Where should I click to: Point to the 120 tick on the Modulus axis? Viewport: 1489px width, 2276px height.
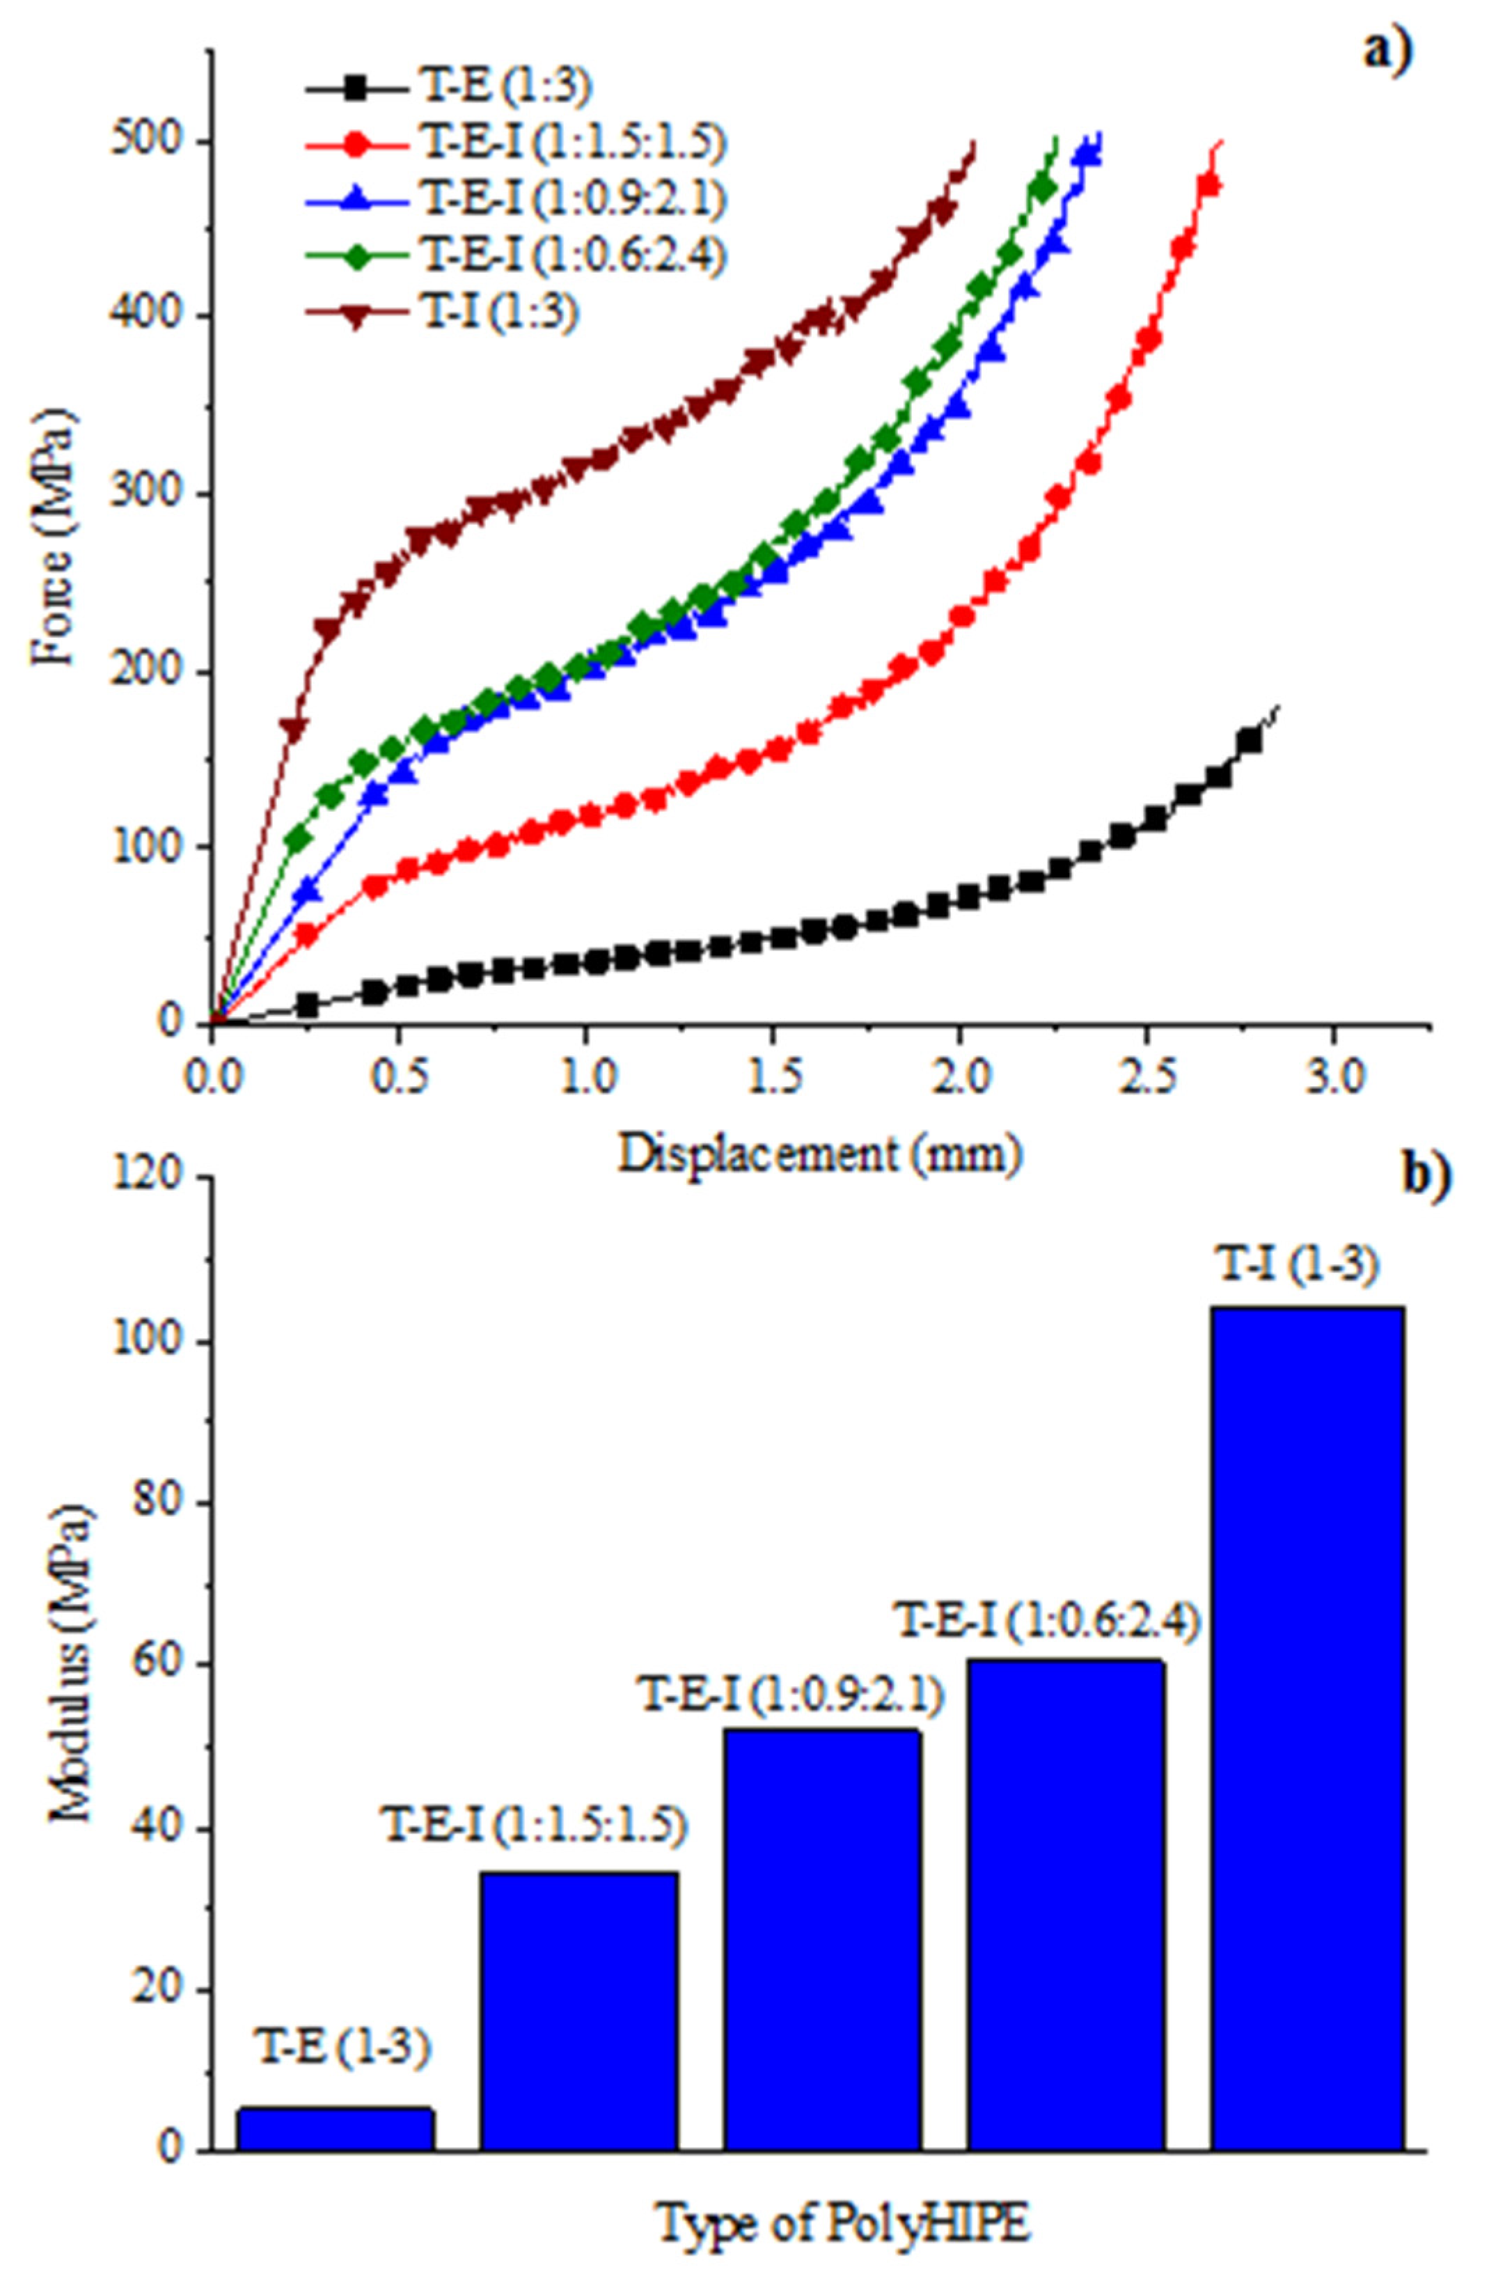[x=154, y=1179]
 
